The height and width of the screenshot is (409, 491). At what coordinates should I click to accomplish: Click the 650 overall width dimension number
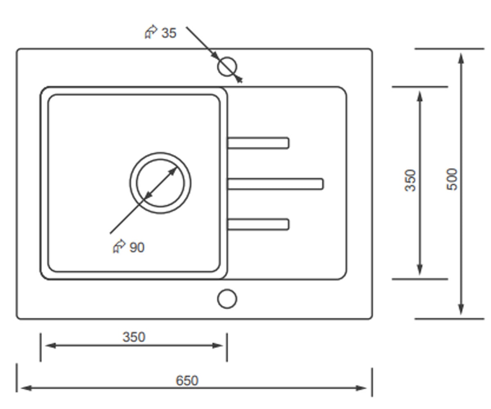pyautogui.click(x=187, y=380)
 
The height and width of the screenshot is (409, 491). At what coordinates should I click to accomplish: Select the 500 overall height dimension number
pyautogui.click(x=452, y=180)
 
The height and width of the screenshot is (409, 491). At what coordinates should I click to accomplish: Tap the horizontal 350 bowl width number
pyautogui.click(x=134, y=337)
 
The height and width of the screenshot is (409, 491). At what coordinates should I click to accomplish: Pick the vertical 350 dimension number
pyautogui.click(x=410, y=180)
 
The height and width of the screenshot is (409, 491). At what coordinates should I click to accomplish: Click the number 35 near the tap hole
pyautogui.click(x=169, y=33)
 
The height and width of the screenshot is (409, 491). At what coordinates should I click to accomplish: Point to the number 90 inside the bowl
pyautogui.click(x=137, y=247)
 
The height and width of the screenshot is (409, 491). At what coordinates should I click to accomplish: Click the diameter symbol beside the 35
pyautogui.click(x=151, y=32)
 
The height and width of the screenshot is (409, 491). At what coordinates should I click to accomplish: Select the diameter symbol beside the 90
pyautogui.click(x=119, y=246)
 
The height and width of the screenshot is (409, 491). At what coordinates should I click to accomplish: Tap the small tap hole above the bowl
pyautogui.click(x=227, y=67)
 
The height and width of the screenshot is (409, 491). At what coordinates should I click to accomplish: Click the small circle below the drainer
pyautogui.click(x=227, y=299)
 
